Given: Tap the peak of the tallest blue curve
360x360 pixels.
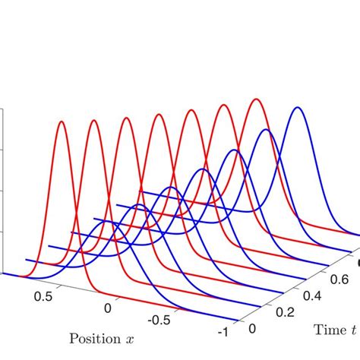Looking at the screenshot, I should coord(298,107).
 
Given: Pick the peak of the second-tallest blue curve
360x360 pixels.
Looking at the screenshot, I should coord(265,130).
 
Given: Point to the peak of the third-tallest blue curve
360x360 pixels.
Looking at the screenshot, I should coord(234,150).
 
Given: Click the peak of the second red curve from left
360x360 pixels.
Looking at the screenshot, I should coord(93,119).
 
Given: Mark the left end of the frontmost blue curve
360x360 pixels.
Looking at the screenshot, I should coord(26,261).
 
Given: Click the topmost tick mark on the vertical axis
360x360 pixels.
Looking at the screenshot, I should coord(3,108).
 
